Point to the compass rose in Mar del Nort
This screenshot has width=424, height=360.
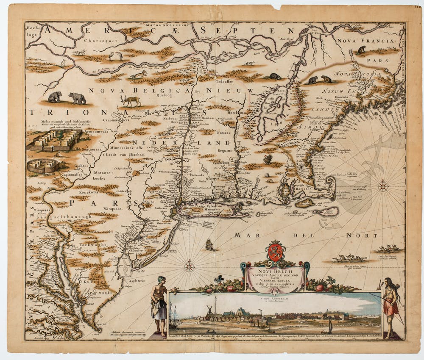(189, 266)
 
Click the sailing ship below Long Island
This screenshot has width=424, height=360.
(209, 244)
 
